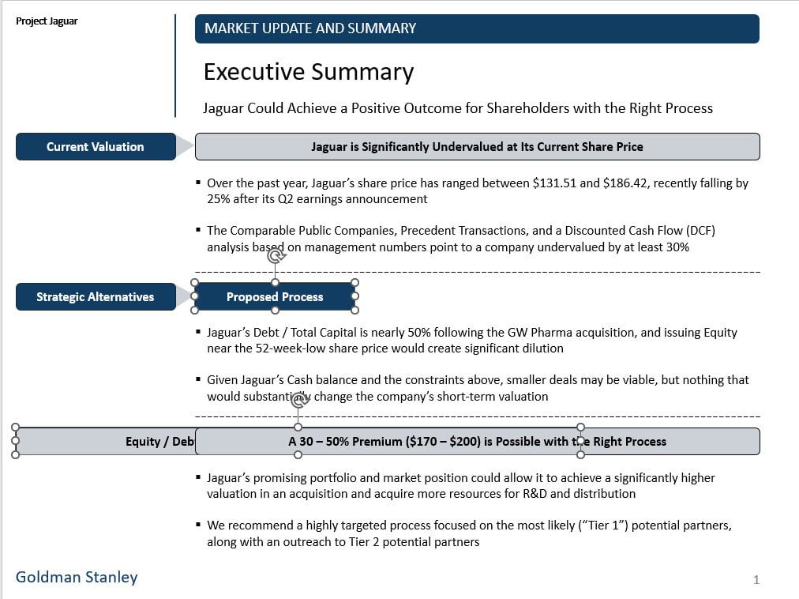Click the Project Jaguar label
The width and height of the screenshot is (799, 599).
tap(47, 21)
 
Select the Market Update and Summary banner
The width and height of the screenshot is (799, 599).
tap(476, 28)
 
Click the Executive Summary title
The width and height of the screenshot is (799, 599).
tap(308, 72)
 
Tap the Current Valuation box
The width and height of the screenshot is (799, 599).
tap(95, 147)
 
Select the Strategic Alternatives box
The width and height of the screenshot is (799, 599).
tap(95, 297)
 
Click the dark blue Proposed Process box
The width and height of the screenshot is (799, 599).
tap(275, 297)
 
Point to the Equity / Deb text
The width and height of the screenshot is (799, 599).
tap(159, 442)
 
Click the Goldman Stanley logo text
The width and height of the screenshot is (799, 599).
tap(77, 578)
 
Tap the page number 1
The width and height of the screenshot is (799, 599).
tap(756, 580)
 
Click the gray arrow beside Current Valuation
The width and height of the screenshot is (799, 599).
tap(185, 146)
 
